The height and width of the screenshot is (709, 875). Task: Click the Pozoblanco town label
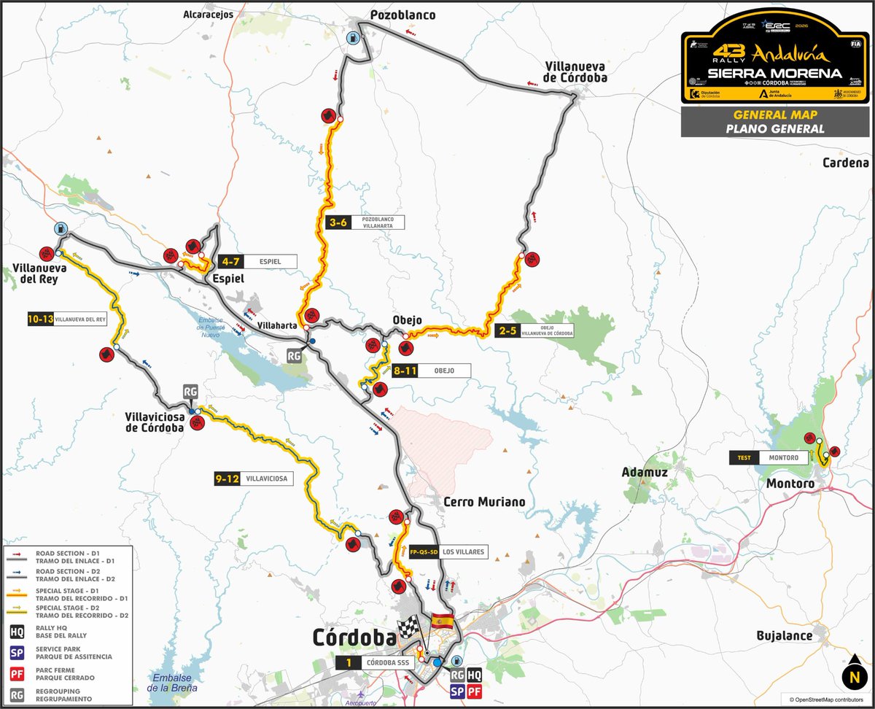[x=402, y=15]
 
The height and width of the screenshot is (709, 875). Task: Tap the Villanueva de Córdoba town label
[x=575, y=71]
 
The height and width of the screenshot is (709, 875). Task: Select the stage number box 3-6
[x=338, y=223]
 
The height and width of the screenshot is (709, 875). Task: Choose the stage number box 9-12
[x=227, y=479]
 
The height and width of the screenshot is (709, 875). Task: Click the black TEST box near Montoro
[x=743, y=458]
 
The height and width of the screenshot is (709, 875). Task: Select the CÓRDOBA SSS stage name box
[x=386, y=663]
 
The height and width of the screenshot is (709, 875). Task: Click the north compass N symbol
[x=852, y=676]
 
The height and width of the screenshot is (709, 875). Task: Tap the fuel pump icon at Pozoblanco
[x=354, y=39]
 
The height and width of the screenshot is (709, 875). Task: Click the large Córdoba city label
[x=354, y=637]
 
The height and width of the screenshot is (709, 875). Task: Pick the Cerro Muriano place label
[x=484, y=502]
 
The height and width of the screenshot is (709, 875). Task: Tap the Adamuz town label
[x=645, y=473]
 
